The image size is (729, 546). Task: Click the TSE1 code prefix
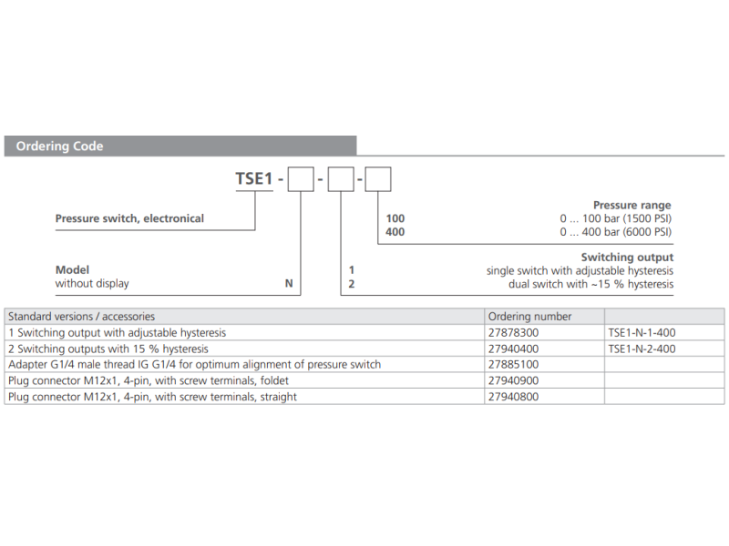pyautogui.click(x=254, y=179)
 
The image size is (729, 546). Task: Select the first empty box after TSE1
pyautogui.click(x=302, y=179)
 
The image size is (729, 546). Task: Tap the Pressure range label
pyautogui.click(x=631, y=206)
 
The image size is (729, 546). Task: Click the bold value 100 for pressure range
pyautogui.click(x=395, y=218)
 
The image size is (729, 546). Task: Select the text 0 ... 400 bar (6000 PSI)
pyautogui.click(x=615, y=232)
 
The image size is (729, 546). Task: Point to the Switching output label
pyautogui.click(x=627, y=258)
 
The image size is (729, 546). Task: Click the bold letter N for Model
pyautogui.click(x=288, y=284)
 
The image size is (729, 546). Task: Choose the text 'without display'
pyautogui.click(x=92, y=284)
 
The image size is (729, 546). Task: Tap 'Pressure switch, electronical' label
pyautogui.click(x=129, y=218)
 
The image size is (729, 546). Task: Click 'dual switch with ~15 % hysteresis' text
pyautogui.click(x=590, y=284)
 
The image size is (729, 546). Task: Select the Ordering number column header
pyautogui.click(x=530, y=317)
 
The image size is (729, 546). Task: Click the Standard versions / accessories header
pyautogui.click(x=81, y=317)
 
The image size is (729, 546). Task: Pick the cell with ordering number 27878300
pyautogui.click(x=514, y=333)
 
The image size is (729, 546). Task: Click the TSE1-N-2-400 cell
pyautogui.click(x=642, y=349)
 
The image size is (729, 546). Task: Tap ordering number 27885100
pyautogui.click(x=514, y=365)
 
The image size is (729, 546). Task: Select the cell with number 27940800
pyautogui.click(x=514, y=397)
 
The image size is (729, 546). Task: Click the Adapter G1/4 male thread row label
pyautogui.click(x=194, y=365)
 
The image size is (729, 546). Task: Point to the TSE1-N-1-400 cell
pyautogui.click(x=642, y=333)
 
